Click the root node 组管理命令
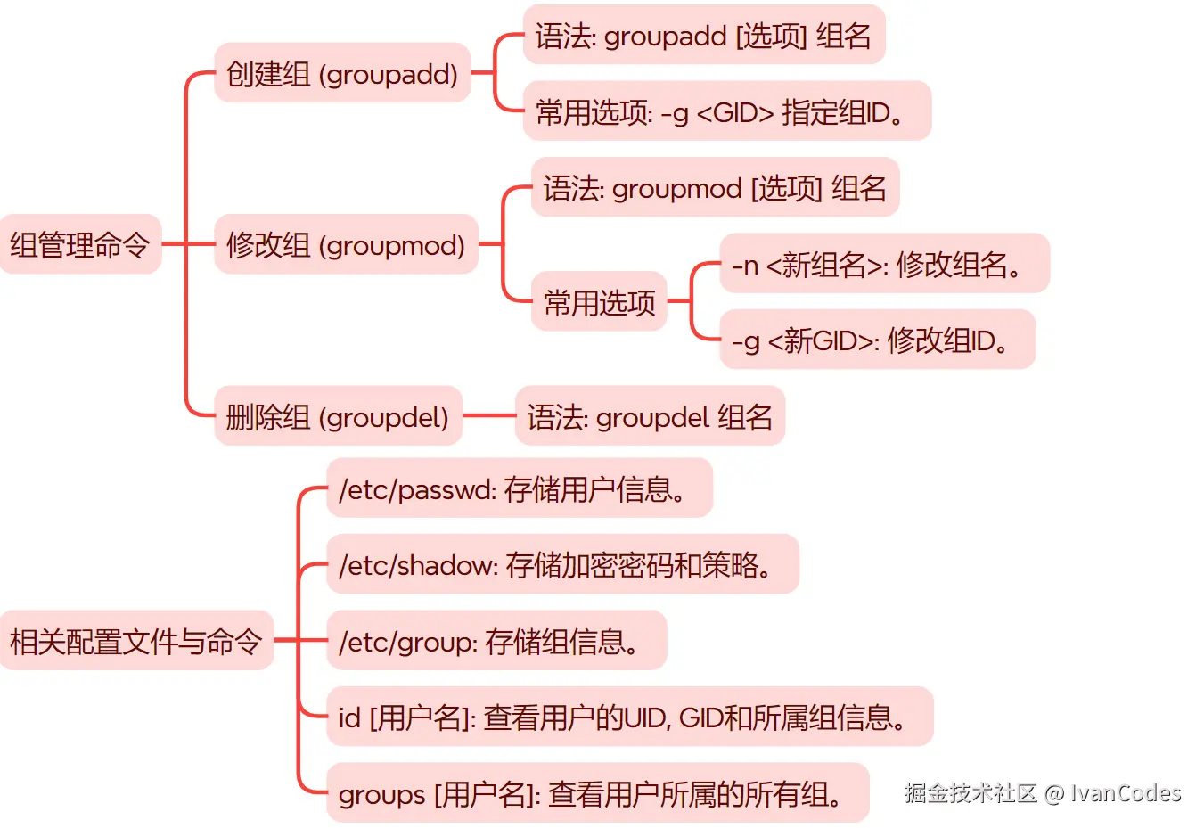point(80,244)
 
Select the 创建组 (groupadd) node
point(342,73)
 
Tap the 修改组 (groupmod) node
point(346,244)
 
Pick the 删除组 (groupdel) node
point(338,416)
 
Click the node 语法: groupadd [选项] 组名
point(703,36)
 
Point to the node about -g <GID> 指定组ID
point(726,111)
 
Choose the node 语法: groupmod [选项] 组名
point(715,188)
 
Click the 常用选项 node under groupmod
point(599,302)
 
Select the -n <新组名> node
point(884,264)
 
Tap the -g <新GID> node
point(877,340)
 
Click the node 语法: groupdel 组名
point(650,416)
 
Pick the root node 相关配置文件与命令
point(136,640)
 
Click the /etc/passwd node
point(520,488)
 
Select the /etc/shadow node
point(562,564)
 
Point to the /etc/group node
point(496,640)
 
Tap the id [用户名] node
point(629,717)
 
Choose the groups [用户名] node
point(597,792)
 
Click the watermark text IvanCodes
point(1126,792)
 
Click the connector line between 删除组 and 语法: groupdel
point(488,415)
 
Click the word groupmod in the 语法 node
point(677,189)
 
